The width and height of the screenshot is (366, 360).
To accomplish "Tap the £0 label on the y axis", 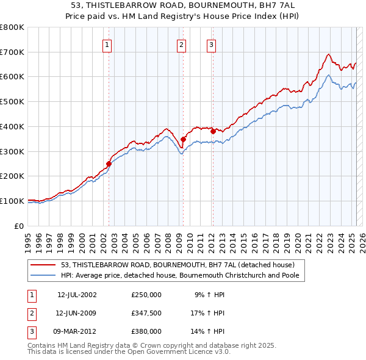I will click(20, 226).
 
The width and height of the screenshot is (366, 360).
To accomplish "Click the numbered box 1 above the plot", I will click(107, 44).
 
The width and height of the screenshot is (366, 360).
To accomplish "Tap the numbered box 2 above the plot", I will click(182, 44).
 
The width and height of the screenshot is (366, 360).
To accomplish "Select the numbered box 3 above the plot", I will click(211, 44).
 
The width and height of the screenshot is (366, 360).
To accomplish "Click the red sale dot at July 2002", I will click(109, 164).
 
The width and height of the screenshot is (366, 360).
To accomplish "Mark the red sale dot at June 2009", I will click(183, 139).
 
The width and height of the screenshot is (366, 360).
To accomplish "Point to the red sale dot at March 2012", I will click(213, 131).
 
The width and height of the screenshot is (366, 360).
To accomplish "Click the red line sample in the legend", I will click(44, 265).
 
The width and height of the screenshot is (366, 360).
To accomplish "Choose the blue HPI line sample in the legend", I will click(44, 275).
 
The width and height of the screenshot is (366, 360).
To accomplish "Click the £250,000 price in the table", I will click(146, 295).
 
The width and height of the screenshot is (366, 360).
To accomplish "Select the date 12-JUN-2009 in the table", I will click(77, 313).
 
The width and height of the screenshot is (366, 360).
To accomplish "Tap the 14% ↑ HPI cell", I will click(208, 331).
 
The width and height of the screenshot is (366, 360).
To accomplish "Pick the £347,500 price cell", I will click(146, 313).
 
